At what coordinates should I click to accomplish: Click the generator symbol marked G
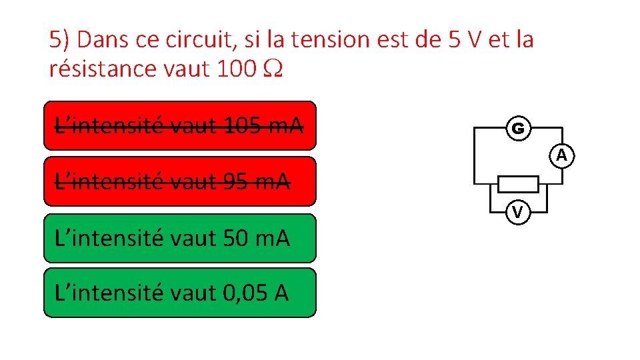tap(518, 128)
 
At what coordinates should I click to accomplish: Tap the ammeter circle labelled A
tap(562, 155)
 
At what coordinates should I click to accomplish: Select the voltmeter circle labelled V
tap(517, 212)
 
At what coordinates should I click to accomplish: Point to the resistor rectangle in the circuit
tap(519, 183)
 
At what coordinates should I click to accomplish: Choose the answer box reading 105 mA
tap(180, 125)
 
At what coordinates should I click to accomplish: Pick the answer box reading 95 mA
tap(180, 181)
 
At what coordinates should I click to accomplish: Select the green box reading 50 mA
tap(180, 238)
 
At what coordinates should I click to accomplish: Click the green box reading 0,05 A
tap(180, 293)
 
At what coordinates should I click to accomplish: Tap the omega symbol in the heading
tap(274, 69)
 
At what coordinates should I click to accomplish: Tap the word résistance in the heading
tap(100, 68)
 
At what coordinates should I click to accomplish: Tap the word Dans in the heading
tap(101, 40)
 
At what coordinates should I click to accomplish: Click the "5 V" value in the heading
tap(461, 40)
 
